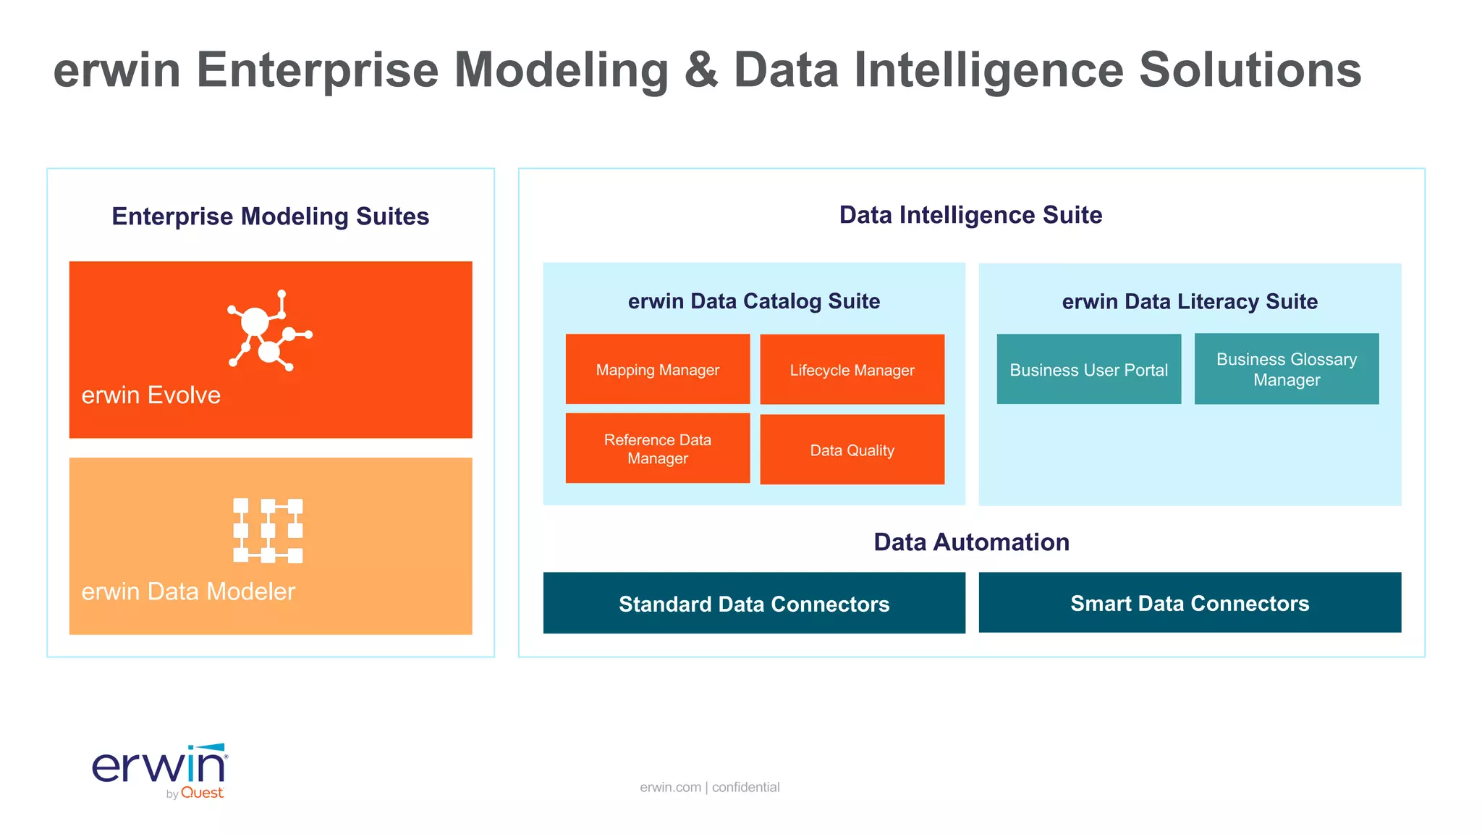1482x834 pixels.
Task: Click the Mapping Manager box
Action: tap(657, 369)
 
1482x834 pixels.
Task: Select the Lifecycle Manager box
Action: tap(852, 369)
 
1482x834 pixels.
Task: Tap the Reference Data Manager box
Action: tap(657, 448)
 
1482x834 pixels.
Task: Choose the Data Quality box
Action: tap(852, 450)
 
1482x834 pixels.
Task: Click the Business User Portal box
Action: tap(1088, 369)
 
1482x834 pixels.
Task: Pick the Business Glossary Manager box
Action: tap(1286, 369)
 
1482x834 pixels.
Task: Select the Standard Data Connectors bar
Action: tap(753, 603)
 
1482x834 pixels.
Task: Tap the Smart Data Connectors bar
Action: tap(1190, 602)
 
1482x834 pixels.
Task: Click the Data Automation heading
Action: tap(971, 542)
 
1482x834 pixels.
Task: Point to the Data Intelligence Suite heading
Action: tap(970, 214)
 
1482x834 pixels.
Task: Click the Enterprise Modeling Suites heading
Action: tap(270, 216)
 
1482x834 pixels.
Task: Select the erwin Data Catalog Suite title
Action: tap(753, 300)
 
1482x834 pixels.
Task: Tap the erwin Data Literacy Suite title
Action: tap(1190, 301)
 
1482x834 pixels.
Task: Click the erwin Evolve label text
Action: tap(151, 395)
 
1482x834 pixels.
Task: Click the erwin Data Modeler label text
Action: tap(188, 591)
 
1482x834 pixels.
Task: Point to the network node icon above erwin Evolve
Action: tap(268, 331)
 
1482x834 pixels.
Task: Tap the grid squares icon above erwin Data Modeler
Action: tap(268, 530)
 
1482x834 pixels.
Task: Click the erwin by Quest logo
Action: tap(160, 771)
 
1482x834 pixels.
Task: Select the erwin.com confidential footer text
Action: tap(709, 787)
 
